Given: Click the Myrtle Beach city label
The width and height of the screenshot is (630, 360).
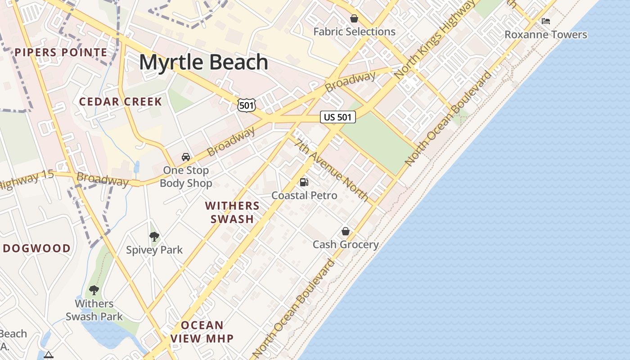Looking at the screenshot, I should (x=203, y=62).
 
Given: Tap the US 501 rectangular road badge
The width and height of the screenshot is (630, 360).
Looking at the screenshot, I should (x=338, y=117).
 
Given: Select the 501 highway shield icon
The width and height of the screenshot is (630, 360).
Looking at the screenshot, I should (x=247, y=105).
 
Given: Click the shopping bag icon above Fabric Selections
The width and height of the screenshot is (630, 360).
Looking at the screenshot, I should (x=354, y=18).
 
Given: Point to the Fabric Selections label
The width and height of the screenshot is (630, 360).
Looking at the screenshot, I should (x=354, y=32).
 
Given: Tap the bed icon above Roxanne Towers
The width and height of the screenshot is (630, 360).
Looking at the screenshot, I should (x=546, y=21).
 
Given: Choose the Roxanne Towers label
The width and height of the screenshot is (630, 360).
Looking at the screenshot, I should (x=546, y=35).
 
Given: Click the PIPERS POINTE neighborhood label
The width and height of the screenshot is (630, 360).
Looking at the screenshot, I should (x=61, y=53).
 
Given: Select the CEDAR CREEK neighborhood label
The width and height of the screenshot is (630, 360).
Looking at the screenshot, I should (x=121, y=102).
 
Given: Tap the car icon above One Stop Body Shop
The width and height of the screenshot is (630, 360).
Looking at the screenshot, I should (x=185, y=157).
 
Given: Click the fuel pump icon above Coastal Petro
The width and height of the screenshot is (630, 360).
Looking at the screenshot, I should (x=304, y=182).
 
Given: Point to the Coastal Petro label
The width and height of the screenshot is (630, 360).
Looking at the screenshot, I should (x=304, y=195).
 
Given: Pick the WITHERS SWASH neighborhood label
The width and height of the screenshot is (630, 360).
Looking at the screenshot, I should (x=232, y=212).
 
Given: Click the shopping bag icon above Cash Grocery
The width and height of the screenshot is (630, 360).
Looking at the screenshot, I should (x=345, y=231).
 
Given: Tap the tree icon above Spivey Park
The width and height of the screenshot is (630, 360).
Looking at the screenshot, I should (x=154, y=236).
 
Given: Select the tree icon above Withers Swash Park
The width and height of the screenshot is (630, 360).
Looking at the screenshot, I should (x=94, y=290).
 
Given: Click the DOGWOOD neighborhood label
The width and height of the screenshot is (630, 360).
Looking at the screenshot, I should (x=37, y=248).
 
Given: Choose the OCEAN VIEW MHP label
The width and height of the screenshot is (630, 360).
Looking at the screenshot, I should (x=202, y=332).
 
